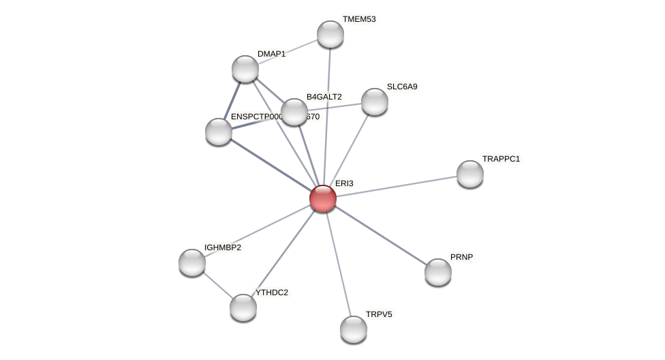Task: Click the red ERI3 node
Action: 323,198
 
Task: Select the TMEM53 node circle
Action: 330,34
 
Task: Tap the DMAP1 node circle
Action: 245,69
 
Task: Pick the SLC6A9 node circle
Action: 375,102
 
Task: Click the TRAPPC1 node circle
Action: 470,174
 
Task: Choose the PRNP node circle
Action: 438,272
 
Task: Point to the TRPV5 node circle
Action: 354,329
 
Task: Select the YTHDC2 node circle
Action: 243,307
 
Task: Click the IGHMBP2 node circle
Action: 192,262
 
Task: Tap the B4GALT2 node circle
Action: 294,112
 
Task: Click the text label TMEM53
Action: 359,19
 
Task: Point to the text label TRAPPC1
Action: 501,159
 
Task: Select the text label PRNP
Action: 461,257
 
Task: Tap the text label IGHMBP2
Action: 223,247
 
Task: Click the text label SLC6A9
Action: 402,87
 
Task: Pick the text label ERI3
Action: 344,183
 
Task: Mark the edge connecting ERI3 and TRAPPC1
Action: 397,186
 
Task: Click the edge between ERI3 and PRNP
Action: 380,235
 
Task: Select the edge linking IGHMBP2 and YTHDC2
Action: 217,285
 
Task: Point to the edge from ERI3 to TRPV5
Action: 339,264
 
